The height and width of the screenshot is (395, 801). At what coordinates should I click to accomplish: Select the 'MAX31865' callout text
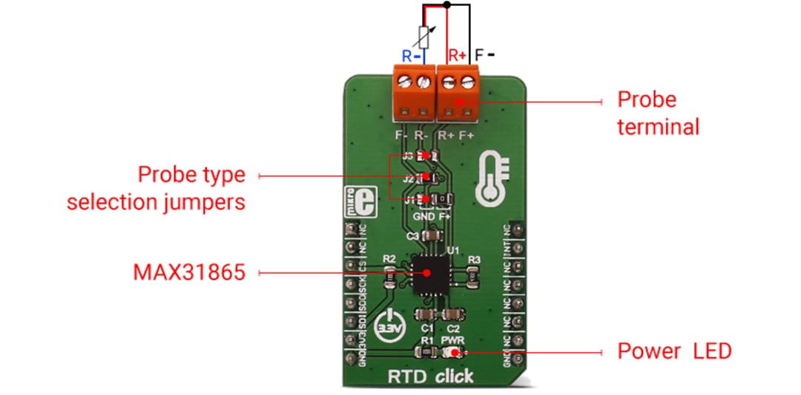pos(188,272)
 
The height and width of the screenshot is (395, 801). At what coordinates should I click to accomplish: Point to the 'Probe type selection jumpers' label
pos(156,189)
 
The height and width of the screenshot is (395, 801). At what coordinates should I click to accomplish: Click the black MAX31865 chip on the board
pos(428,272)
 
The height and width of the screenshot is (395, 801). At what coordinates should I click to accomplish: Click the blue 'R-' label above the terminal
pos(412,55)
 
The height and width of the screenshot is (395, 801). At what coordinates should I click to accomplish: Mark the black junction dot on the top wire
pos(446,4)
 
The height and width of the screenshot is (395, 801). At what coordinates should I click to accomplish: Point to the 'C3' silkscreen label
pos(413,236)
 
